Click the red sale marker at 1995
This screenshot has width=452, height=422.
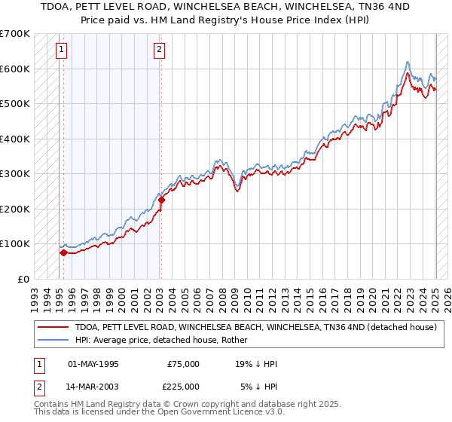[63, 253]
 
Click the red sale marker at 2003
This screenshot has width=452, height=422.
[161, 200]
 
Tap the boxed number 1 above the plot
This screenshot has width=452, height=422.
[61, 50]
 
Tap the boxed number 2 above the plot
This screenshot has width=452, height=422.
[160, 50]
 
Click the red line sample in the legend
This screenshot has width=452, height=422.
[53, 327]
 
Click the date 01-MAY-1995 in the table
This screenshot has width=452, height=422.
[93, 364]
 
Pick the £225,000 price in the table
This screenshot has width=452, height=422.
[183, 387]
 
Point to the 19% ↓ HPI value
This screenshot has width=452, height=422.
[256, 364]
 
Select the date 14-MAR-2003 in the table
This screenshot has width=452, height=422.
[94, 387]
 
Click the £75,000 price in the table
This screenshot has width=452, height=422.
[183, 364]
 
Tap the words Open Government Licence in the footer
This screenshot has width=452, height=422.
[215, 413]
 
